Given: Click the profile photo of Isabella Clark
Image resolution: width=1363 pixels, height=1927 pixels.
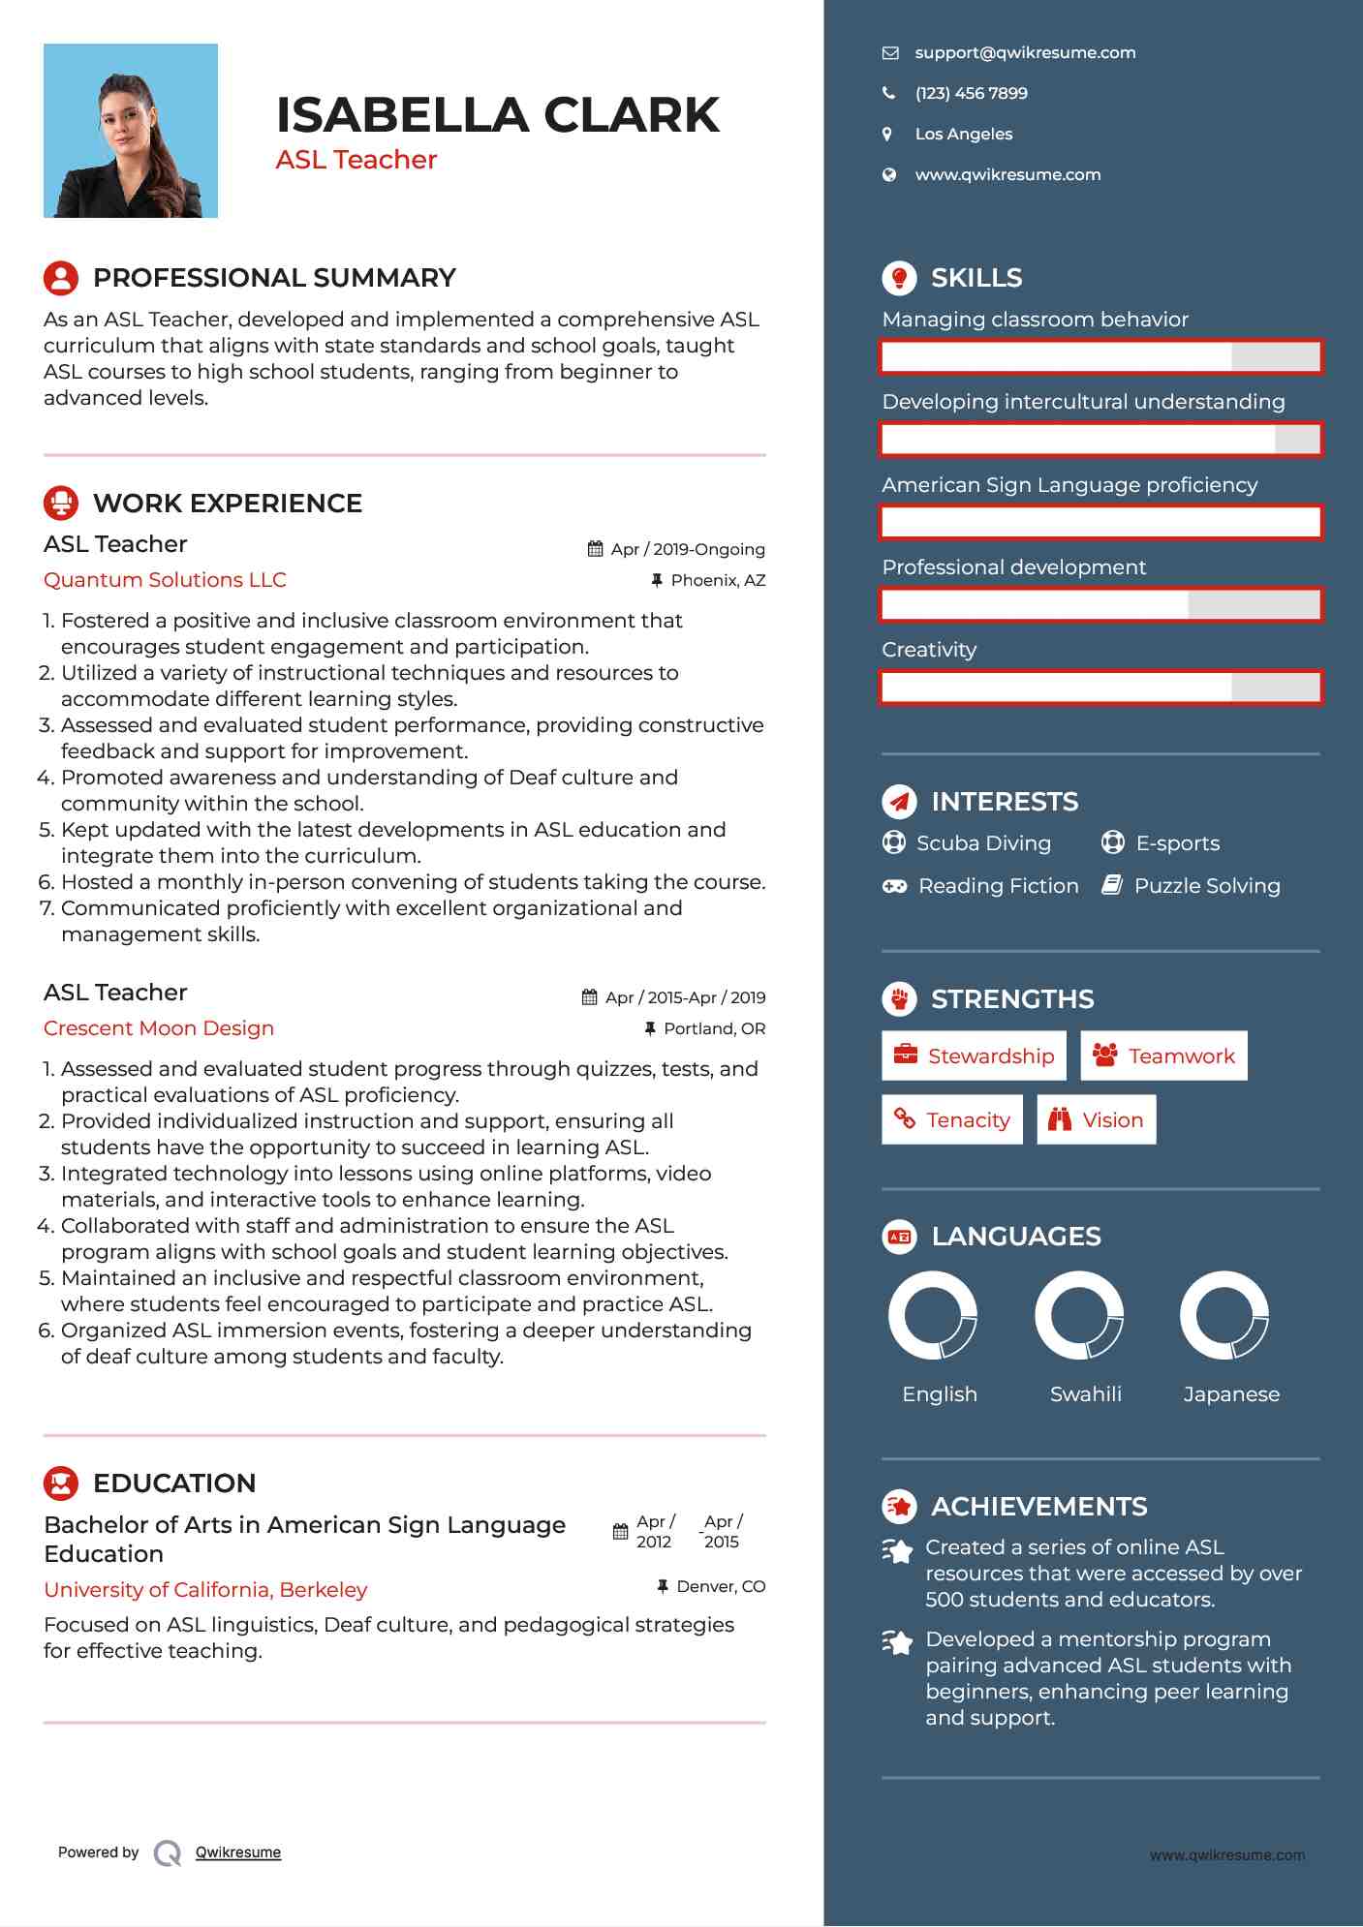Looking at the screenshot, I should (x=131, y=131).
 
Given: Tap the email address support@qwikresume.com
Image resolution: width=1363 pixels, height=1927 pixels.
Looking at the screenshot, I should (x=1025, y=53).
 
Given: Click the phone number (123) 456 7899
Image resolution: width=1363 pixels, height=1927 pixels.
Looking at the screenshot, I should (x=971, y=94).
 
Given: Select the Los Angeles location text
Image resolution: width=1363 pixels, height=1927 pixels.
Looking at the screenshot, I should (x=963, y=135).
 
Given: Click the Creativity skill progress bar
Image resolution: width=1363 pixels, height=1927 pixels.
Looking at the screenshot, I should (x=1100, y=688).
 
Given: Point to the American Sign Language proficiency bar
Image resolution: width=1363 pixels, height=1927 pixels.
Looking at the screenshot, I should (x=1100, y=523).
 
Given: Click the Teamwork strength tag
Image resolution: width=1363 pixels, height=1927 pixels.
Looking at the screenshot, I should (x=1163, y=1055).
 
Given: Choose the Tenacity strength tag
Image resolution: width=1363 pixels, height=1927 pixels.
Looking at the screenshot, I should (x=951, y=1119).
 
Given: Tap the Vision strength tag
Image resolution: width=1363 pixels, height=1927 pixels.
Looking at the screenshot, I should (x=1096, y=1119).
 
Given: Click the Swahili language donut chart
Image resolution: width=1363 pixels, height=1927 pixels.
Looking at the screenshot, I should (x=1079, y=1315).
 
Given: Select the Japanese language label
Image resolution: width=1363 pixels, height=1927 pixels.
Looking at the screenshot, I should (x=1231, y=1394).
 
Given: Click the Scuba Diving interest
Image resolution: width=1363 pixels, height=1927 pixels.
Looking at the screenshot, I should (x=982, y=843).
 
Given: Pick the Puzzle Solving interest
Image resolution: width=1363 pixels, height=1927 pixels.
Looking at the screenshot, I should (x=1206, y=886).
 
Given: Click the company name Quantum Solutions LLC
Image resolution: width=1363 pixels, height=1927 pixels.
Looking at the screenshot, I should (x=165, y=580).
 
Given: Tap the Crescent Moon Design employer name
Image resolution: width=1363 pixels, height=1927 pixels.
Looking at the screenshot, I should (x=159, y=1028).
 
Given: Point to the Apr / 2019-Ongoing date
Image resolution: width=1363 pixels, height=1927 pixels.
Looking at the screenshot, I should (x=687, y=549).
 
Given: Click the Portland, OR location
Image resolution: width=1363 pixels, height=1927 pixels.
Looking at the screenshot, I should (x=714, y=1028).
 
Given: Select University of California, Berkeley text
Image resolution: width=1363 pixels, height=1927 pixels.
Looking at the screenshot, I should (x=205, y=1590).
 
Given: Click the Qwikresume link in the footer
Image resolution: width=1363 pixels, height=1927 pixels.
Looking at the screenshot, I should (x=237, y=1852).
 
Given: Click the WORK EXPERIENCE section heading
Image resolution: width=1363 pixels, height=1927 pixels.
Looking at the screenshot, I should (x=227, y=504).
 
